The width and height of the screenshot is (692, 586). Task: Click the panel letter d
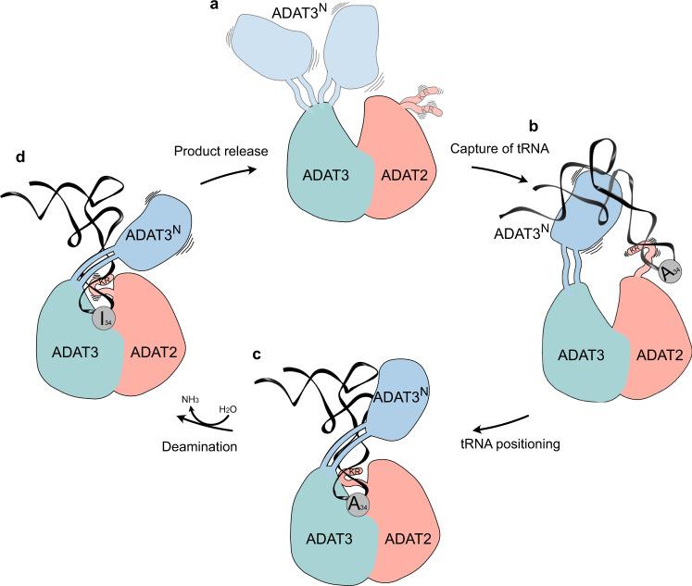point(21,156)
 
